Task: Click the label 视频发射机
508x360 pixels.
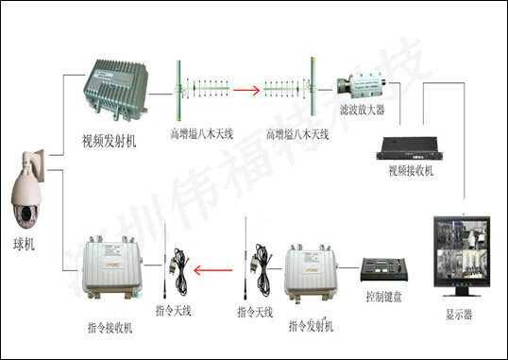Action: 110,143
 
